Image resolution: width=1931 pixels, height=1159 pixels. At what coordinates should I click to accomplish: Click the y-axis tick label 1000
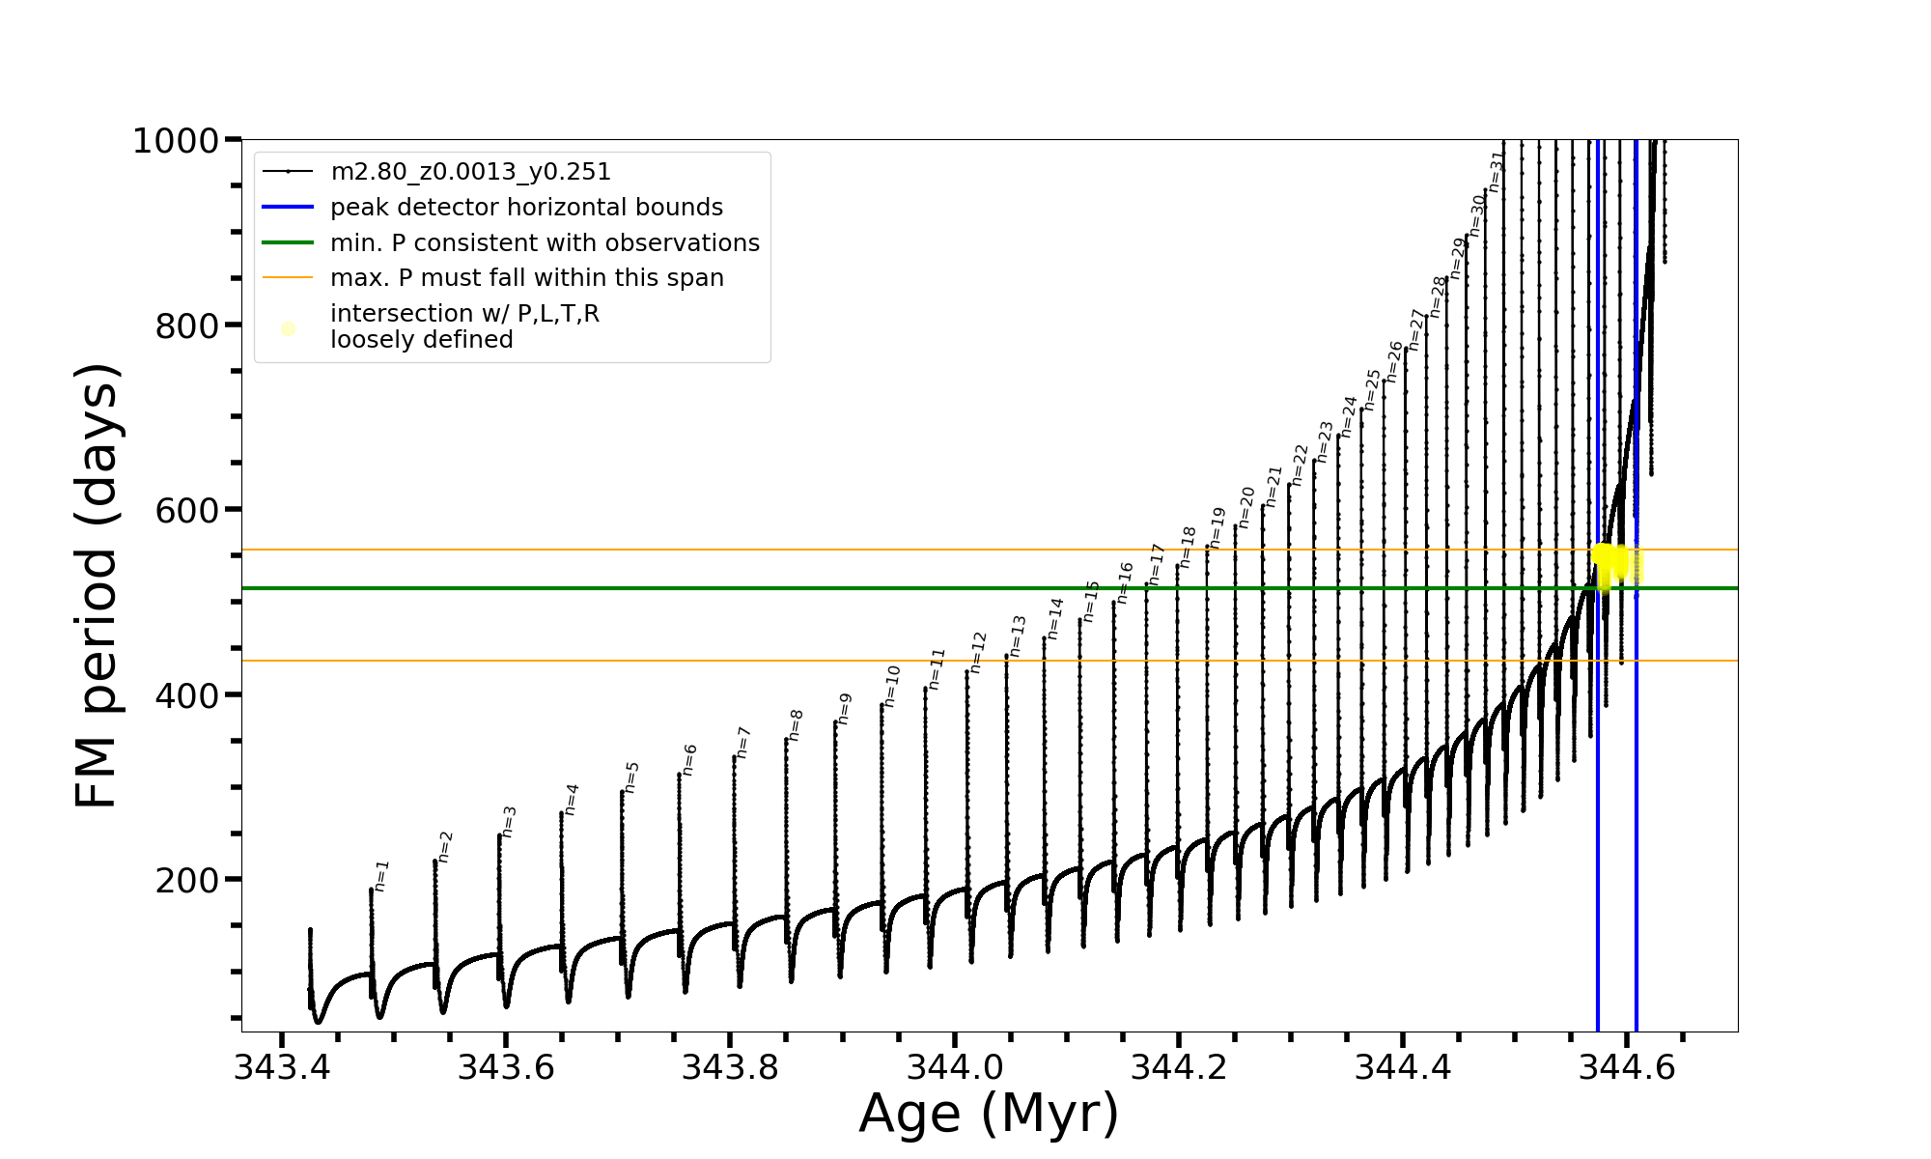(x=175, y=141)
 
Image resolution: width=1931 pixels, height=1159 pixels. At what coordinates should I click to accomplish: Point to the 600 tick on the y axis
(x=186, y=510)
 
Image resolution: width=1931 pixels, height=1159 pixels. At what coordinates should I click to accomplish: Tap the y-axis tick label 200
(x=186, y=880)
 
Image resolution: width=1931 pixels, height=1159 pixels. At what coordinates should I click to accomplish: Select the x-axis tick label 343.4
(x=282, y=1067)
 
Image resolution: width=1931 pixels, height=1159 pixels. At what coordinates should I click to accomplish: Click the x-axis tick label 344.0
(x=954, y=1067)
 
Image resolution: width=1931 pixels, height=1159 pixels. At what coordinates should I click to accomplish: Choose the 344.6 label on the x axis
(x=1626, y=1067)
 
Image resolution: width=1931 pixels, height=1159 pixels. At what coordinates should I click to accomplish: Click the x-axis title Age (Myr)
(x=989, y=1114)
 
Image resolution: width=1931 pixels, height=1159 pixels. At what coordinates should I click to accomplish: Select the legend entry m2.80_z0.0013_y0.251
(x=470, y=172)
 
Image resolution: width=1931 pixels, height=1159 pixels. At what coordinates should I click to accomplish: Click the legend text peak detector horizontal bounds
(x=526, y=208)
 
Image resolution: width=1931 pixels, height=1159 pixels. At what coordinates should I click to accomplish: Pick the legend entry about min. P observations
(x=545, y=242)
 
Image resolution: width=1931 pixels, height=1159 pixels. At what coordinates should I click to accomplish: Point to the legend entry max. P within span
(x=526, y=278)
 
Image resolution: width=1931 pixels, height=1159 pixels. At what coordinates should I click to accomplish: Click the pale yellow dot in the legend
(x=288, y=328)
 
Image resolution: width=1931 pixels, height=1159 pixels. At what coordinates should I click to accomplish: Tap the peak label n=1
(x=381, y=875)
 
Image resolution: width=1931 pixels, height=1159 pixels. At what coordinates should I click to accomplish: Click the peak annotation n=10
(x=892, y=686)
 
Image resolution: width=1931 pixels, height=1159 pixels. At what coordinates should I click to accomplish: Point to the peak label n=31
(x=1497, y=171)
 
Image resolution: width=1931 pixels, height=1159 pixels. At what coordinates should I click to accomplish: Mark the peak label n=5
(x=631, y=777)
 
